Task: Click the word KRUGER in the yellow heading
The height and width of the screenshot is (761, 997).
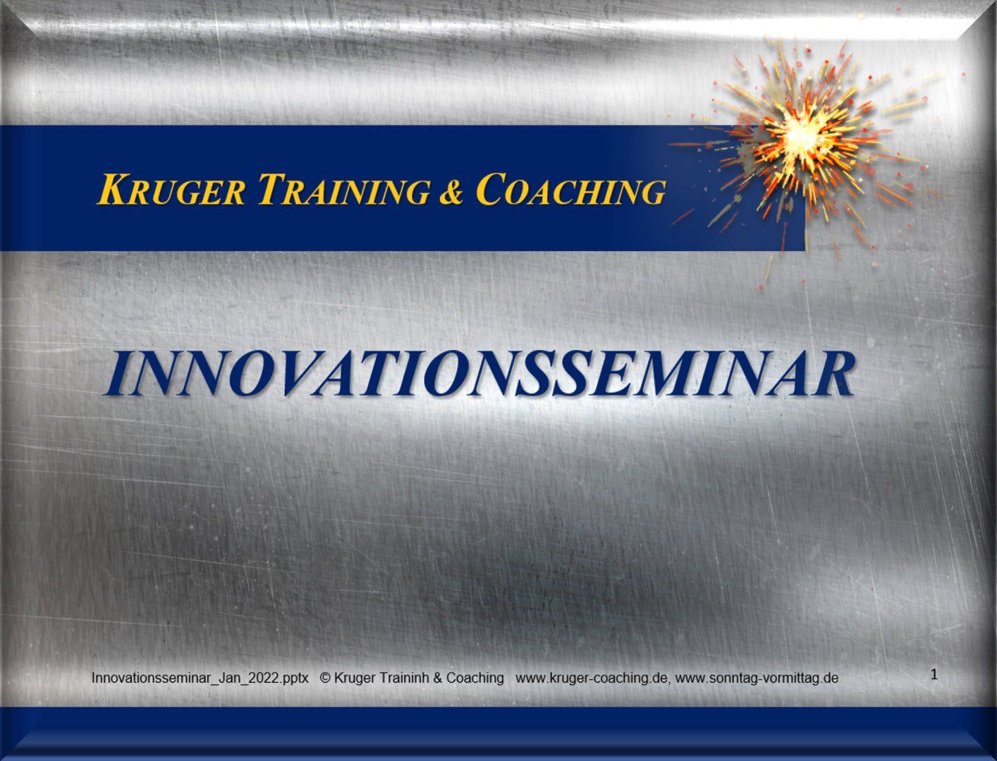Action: pos(172,190)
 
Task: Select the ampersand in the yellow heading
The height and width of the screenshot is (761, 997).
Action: pos(451,191)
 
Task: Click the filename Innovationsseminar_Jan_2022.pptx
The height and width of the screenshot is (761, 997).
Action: pos(200,678)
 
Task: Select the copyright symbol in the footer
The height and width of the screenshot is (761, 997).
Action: pos(325,678)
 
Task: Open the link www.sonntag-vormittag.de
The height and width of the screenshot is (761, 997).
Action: pos(757,678)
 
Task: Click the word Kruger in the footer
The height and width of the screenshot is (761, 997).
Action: pos(354,678)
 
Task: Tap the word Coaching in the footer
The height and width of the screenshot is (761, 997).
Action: pos(475,678)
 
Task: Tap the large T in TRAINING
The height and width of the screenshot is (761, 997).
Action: pos(273,190)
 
